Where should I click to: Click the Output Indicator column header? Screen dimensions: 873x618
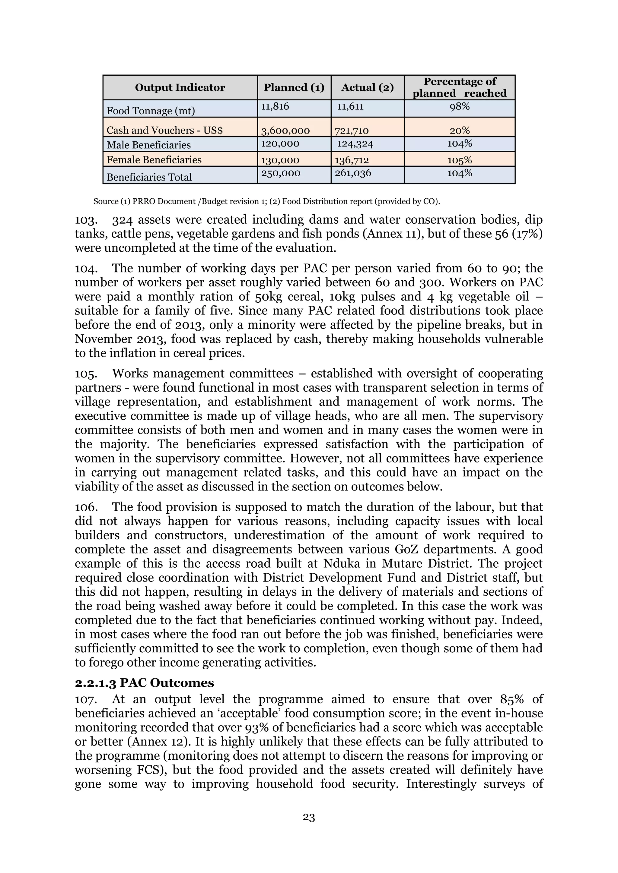(x=180, y=87)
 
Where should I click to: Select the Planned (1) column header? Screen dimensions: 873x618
(x=294, y=87)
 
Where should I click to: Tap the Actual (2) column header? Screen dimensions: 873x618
(x=367, y=87)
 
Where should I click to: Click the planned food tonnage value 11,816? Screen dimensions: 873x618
(x=275, y=106)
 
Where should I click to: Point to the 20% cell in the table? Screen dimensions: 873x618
(x=459, y=131)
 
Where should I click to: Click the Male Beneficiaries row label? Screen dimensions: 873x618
(x=148, y=145)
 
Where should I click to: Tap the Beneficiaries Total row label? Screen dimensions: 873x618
(x=149, y=177)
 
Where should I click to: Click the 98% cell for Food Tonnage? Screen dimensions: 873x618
(x=459, y=106)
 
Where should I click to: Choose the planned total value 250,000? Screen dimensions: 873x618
(x=280, y=173)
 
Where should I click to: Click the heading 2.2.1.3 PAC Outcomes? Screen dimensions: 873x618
(x=144, y=682)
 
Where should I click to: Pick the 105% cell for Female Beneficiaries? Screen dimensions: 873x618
(x=459, y=160)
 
